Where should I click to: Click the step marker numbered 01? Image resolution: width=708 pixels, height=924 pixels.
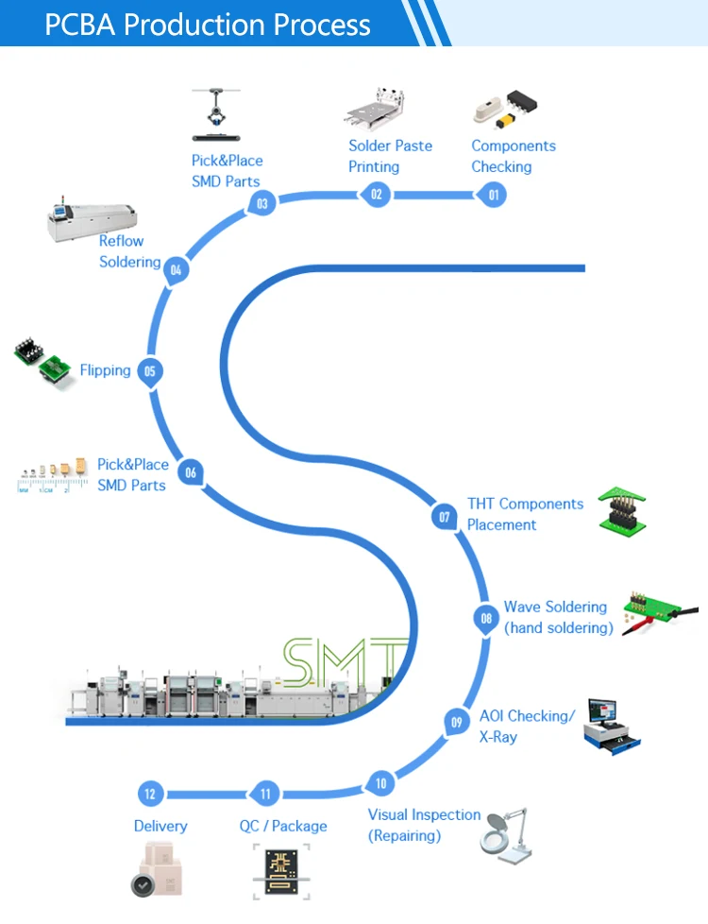(491, 196)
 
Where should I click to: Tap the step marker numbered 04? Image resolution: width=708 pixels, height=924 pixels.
(176, 271)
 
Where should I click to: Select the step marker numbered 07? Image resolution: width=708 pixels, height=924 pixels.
(444, 517)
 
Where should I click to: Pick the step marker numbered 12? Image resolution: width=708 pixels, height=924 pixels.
(149, 794)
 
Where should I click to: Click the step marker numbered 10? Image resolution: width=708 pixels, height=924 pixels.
(380, 783)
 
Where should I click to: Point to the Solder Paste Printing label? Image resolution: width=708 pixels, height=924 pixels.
(390, 156)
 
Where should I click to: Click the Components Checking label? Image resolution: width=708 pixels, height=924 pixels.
(513, 156)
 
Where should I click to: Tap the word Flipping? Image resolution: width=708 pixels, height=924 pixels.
(105, 370)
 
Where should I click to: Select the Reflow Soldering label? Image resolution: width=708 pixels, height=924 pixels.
(129, 251)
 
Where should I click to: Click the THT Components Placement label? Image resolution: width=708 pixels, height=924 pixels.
(525, 514)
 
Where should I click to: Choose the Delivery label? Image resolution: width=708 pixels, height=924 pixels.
(160, 826)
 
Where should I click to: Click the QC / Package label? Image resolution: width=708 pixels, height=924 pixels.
(283, 826)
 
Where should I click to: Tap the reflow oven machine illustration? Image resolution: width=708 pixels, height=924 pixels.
(93, 217)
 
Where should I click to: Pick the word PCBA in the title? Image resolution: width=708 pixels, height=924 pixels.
(80, 24)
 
